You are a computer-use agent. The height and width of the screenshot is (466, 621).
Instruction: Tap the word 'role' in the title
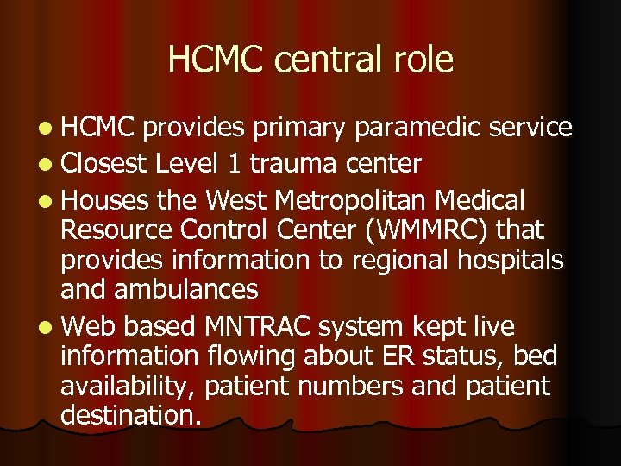point(422,60)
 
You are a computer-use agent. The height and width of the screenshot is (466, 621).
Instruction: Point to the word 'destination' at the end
point(129,414)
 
